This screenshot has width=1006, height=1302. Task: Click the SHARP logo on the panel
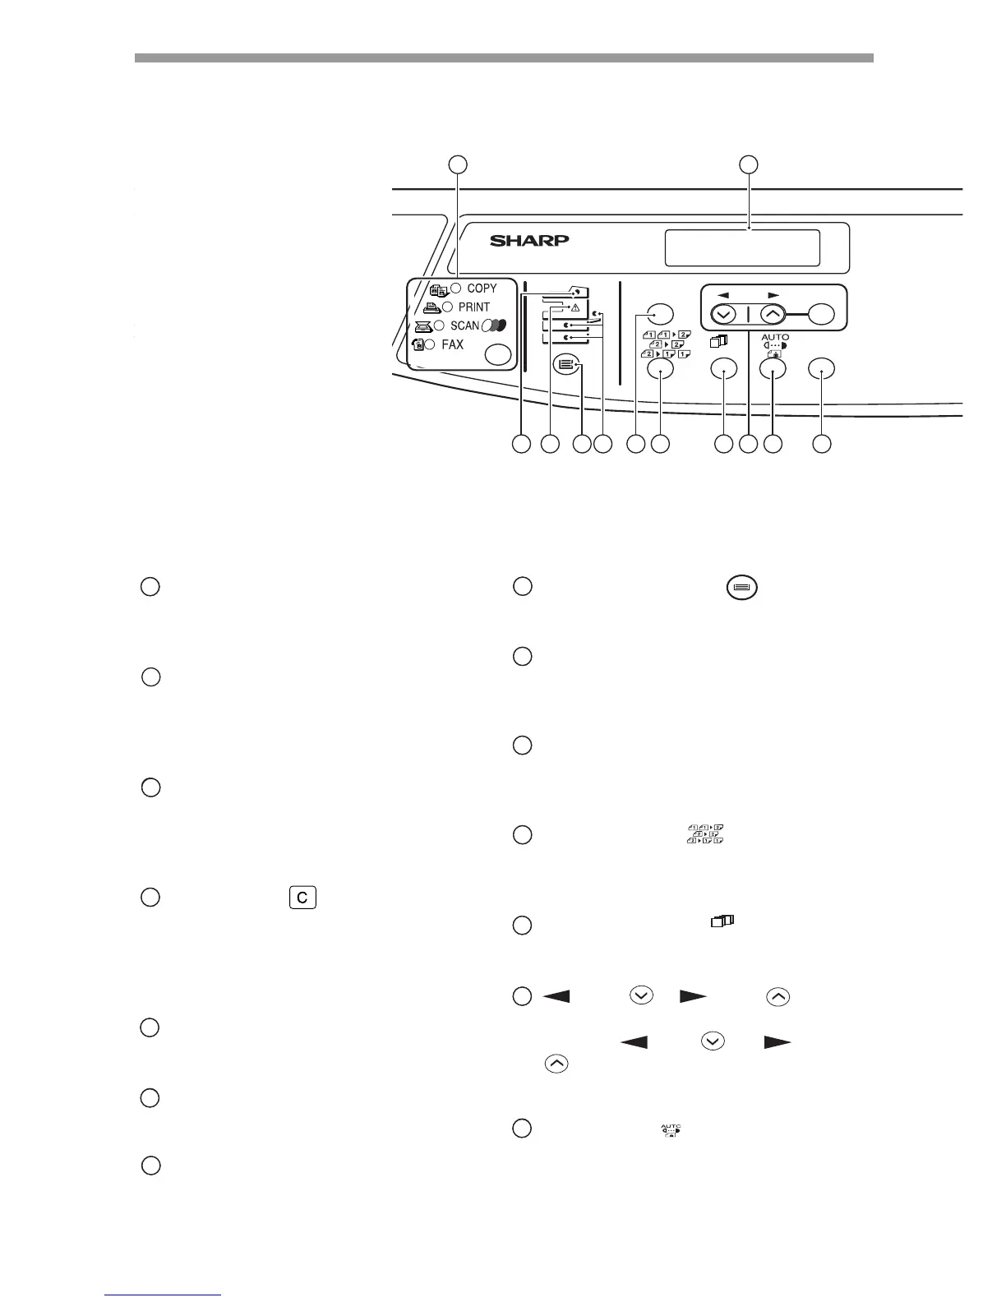[x=529, y=241]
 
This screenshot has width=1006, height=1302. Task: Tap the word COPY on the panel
[x=482, y=289]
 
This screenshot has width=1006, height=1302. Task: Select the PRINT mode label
[x=473, y=307]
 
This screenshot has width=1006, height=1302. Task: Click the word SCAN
[x=464, y=325]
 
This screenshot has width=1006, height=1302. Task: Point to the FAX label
[x=452, y=345]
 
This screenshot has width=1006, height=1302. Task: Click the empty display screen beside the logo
[x=742, y=247]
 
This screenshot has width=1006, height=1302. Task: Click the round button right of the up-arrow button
[x=822, y=313]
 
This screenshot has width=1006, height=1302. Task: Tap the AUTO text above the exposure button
[x=775, y=337]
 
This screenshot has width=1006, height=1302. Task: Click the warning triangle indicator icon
[x=575, y=308]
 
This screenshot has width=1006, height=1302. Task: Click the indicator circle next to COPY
[x=455, y=289]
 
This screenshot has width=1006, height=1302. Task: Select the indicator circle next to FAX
[x=430, y=345]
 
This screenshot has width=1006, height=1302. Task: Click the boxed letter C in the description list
[x=302, y=898]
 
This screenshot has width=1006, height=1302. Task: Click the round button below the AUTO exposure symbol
[x=773, y=370]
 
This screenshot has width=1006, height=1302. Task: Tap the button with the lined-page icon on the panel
[x=565, y=364]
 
